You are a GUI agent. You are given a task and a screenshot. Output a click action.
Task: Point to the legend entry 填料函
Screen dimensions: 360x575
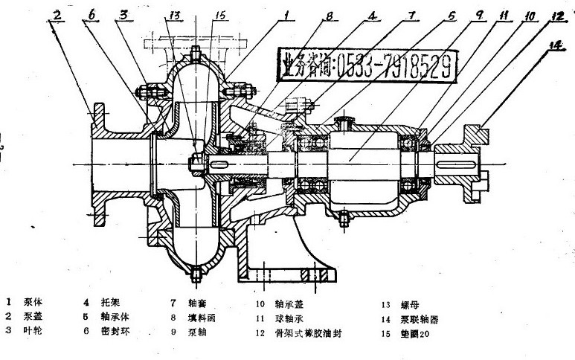coord(199,315)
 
